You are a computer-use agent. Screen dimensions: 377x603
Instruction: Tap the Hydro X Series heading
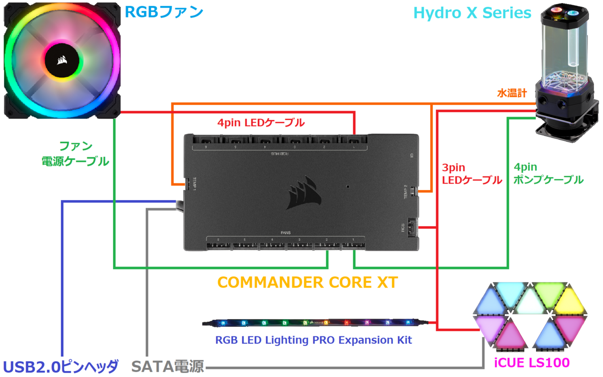click(x=472, y=13)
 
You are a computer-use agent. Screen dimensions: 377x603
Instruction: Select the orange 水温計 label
click(x=512, y=93)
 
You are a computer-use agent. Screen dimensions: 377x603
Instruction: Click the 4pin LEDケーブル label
click(x=261, y=122)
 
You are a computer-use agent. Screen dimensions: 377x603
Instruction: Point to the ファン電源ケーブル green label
click(x=75, y=154)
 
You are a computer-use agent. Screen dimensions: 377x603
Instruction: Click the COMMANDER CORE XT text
click(x=308, y=282)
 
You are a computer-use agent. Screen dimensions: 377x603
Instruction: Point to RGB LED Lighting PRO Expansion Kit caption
click(x=314, y=340)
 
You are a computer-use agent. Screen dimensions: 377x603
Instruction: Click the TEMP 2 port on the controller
click(x=412, y=192)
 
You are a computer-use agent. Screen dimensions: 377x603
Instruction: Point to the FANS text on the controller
click(x=286, y=233)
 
